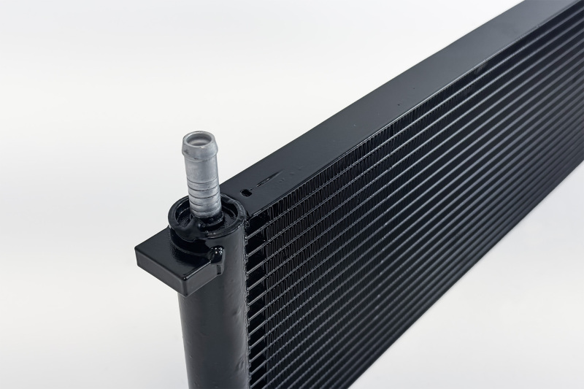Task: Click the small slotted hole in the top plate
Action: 247,193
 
